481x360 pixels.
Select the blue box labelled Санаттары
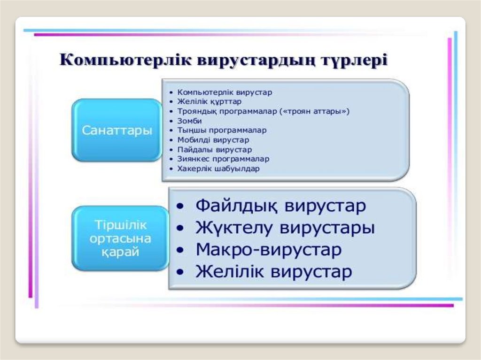pyautogui.click(x=117, y=130)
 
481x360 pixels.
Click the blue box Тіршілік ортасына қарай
pyautogui.click(x=120, y=238)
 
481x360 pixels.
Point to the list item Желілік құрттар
pyautogui.click(x=209, y=101)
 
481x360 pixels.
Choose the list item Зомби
pyautogui.click(x=190, y=121)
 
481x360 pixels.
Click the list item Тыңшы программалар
pyautogui.click(x=222, y=130)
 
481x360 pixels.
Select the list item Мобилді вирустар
pyautogui.click(x=213, y=140)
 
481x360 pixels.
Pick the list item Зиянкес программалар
pyautogui.click(x=223, y=159)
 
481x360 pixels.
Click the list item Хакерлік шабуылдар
pyautogui.click(x=218, y=169)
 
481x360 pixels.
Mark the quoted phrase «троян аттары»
pyautogui.click(x=314, y=111)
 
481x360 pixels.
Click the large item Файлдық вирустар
pyautogui.click(x=281, y=206)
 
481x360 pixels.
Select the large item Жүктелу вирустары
pyautogui.click(x=285, y=228)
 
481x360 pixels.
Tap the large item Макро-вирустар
pyautogui.click(x=268, y=249)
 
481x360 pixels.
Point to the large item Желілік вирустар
pyautogui.click(x=274, y=271)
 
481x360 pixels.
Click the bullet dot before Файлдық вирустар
pyautogui.click(x=180, y=207)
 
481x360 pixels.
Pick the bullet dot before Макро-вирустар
pyautogui.click(x=180, y=250)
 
